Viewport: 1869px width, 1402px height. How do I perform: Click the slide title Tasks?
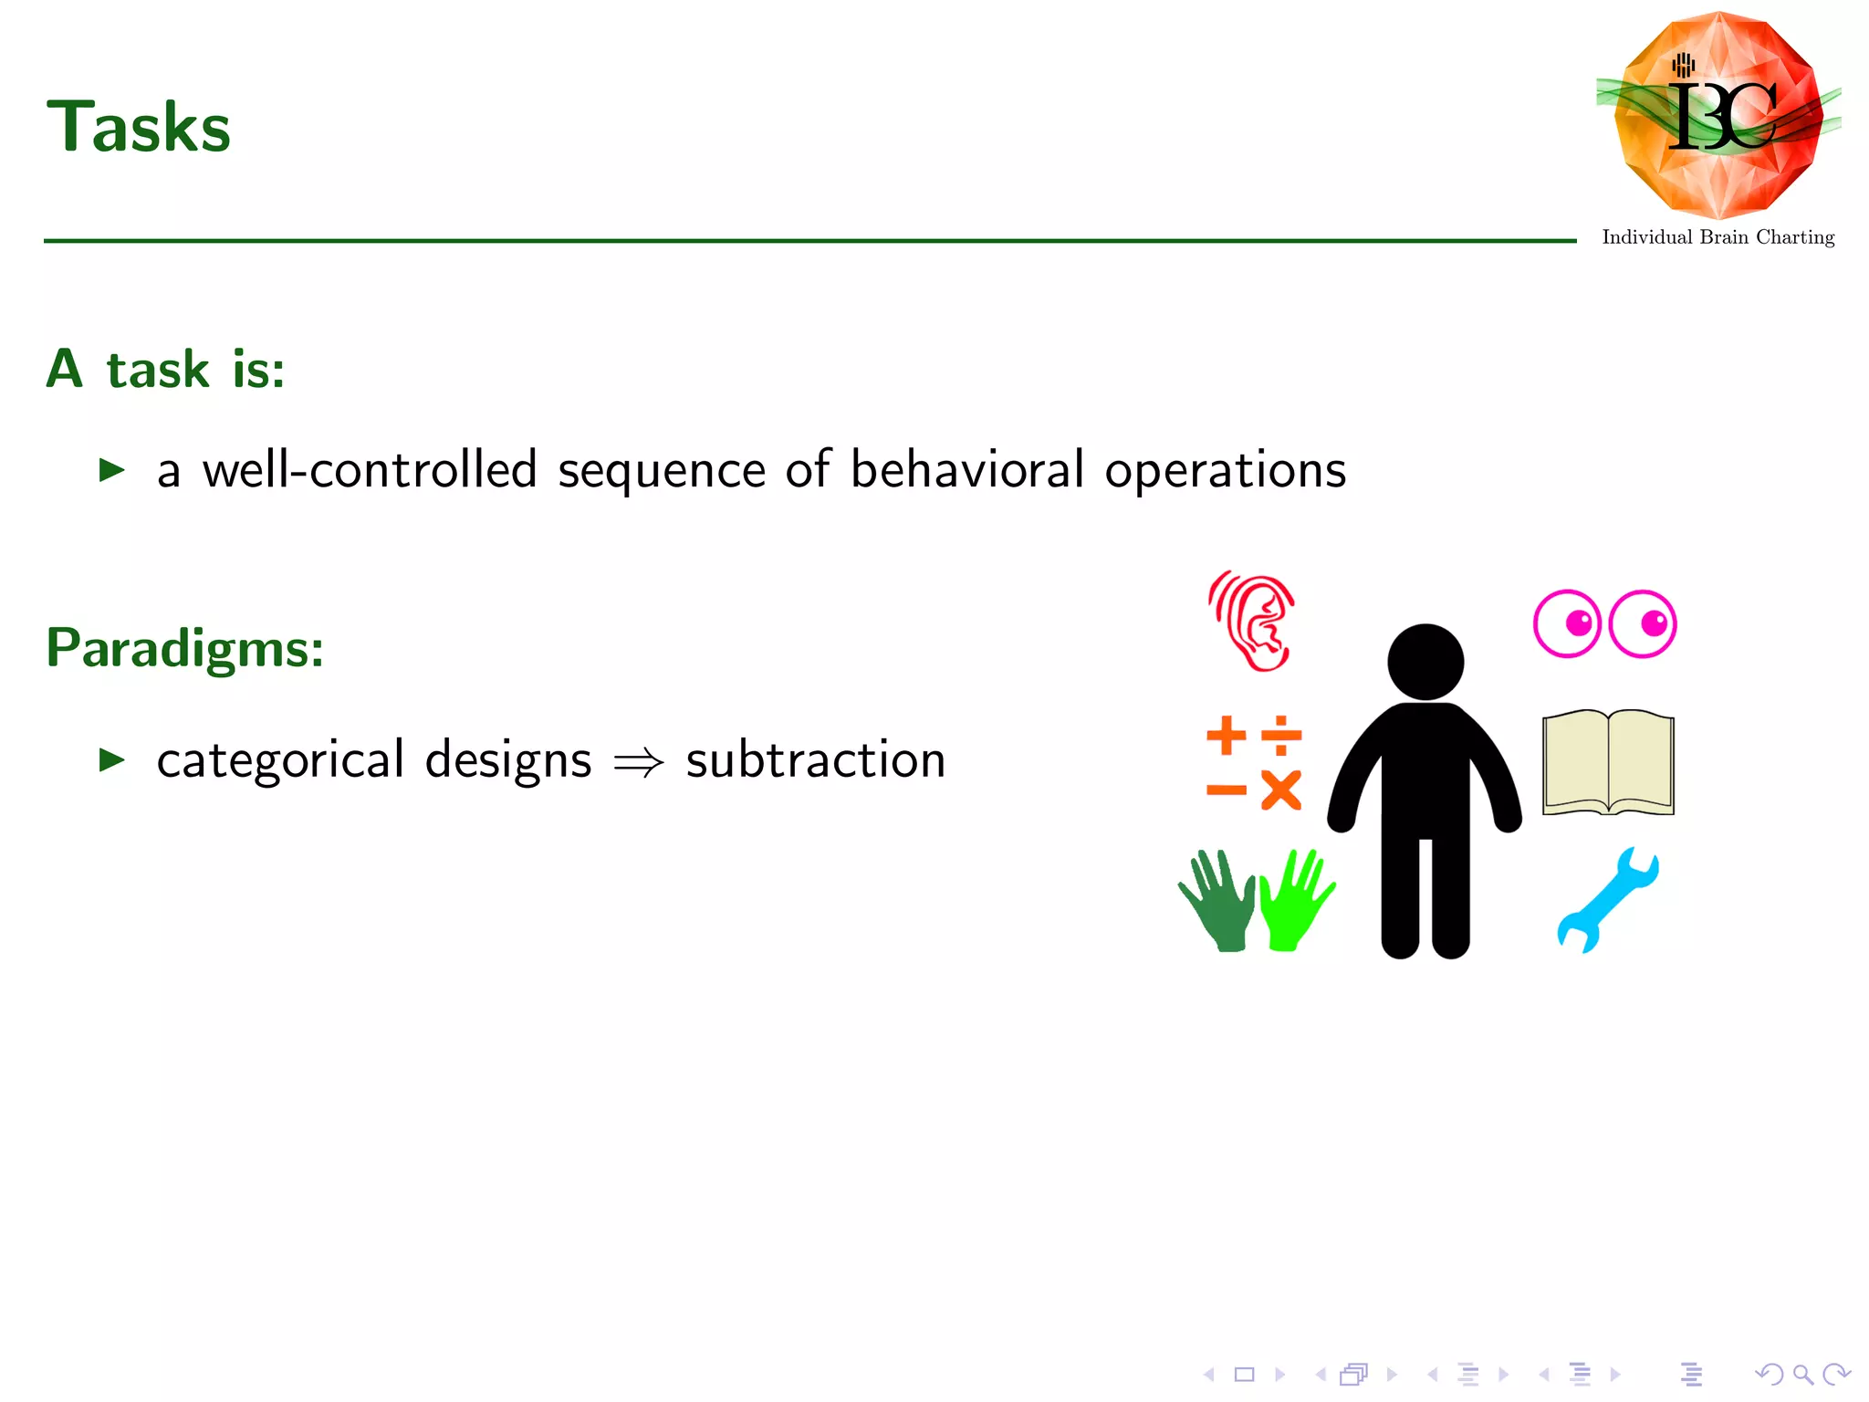(139, 127)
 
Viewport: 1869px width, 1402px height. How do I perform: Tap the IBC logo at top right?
(1718, 115)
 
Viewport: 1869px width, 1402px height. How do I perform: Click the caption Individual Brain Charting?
(1718, 237)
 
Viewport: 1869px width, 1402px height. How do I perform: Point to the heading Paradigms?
(185, 648)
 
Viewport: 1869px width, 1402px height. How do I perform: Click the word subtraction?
(815, 759)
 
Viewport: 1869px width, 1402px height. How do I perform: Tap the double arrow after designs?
(639, 761)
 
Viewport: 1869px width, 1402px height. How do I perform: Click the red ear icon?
(1252, 621)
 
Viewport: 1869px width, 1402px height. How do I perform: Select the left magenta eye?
(1567, 623)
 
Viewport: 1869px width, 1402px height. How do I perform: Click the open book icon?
(1608, 762)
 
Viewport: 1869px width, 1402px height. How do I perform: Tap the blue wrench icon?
(1607, 900)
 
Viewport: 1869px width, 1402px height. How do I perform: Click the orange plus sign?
(1226, 735)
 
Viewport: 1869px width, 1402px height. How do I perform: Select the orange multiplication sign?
(1281, 790)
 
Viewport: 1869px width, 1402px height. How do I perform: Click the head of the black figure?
(1425, 662)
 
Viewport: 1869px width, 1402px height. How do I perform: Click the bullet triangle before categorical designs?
(111, 759)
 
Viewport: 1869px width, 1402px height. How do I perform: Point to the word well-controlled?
(369, 471)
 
